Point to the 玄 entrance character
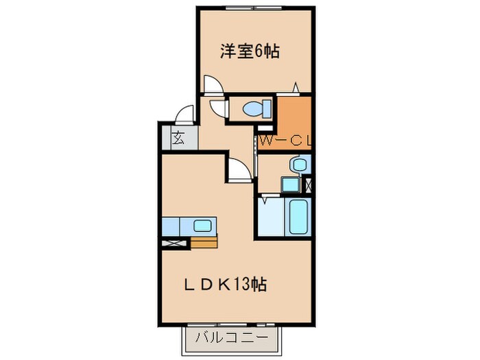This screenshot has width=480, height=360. tap(178, 137)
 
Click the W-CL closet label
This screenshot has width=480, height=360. tap(286, 142)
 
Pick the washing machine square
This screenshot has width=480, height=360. tap(290, 184)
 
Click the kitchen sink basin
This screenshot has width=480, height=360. tap(202, 225)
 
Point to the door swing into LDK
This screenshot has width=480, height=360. tap(239, 170)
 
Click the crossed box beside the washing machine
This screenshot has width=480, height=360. tap(307, 184)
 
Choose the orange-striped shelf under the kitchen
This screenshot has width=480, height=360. tap(204, 242)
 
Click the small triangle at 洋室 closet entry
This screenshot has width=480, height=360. tap(296, 87)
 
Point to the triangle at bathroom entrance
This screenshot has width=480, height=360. tap(266, 200)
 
